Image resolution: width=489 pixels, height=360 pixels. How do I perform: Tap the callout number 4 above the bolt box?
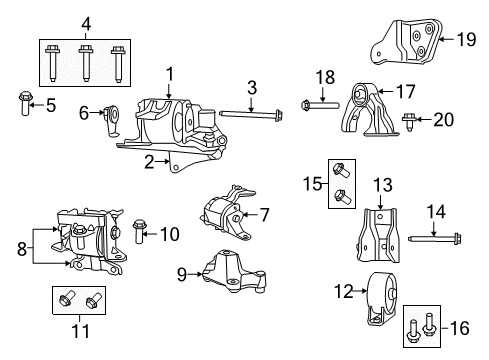coord(86,24)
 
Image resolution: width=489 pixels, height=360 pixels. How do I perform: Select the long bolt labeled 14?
coord(434,238)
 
